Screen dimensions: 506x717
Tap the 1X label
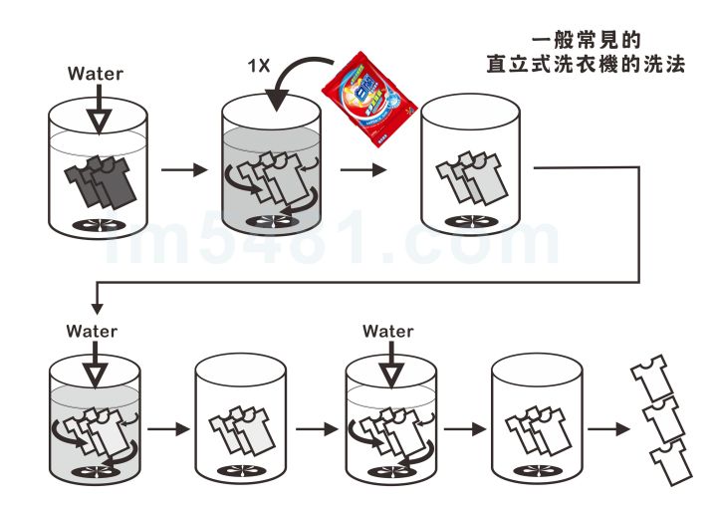(x=260, y=65)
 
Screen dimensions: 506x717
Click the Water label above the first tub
(x=96, y=74)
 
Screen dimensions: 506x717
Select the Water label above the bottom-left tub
(x=92, y=331)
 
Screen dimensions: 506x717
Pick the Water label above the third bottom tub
(x=388, y=331)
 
